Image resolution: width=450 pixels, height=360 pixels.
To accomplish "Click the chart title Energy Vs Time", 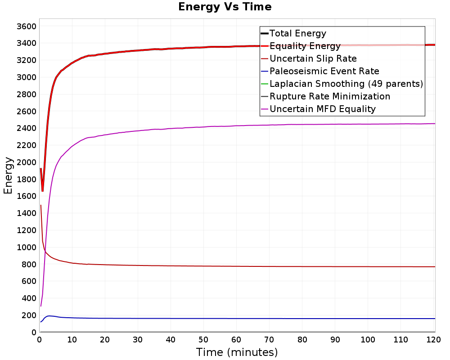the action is (x=225, y=7).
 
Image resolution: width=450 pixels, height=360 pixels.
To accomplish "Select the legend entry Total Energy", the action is (x=298, y=33).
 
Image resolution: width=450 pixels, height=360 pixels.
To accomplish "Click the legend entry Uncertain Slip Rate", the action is (x=313, y=58).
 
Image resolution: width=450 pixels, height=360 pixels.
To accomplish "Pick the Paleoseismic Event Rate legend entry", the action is (x=324, y=71).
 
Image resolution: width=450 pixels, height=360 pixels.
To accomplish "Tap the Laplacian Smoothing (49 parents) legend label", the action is (x=346, y=84).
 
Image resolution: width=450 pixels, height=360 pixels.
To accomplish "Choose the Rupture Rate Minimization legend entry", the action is (x=330, y=96).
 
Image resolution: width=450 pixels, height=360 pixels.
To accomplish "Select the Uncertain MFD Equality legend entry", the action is (x=323, y=109).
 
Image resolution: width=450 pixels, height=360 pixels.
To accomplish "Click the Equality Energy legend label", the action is (x=305, y=46).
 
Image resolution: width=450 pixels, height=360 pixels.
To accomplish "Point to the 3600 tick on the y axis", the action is (x=27, y=27).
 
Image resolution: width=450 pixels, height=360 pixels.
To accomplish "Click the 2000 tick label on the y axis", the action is (x=27, y=162).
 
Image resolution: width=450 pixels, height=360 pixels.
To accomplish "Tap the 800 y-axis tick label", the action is (x=29, y=265).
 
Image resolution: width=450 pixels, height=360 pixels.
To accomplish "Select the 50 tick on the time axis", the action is (x=203, y=340).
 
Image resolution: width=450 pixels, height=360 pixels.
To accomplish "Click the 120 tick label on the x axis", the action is (x=433, y=340).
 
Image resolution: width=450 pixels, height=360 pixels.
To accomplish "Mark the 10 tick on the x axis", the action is (x=72, y=340).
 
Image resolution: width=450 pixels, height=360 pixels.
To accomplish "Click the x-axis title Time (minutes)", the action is (x=237, y=352).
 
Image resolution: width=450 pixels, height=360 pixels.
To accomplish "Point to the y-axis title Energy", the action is (x=8, y=175).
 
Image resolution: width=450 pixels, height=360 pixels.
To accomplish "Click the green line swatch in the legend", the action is (x=265, y=84).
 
